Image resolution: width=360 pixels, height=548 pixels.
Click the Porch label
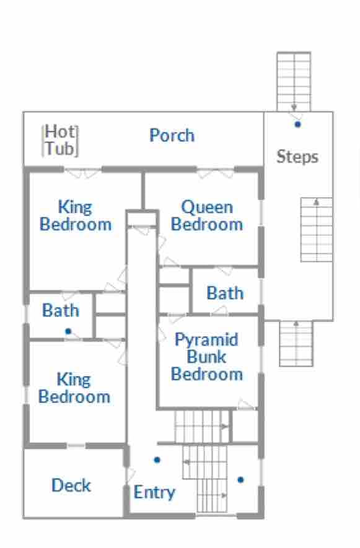pos(172,135)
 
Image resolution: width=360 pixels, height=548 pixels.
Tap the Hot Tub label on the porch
pos(60,140)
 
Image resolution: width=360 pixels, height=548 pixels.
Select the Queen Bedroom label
pos(207,215)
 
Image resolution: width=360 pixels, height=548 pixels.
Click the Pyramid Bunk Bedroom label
pos(207,357)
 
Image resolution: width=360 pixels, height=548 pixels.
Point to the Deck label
pos(71,485)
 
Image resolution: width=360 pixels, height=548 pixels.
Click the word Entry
pos(154,492)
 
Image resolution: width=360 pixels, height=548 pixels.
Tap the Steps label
pos(297,157)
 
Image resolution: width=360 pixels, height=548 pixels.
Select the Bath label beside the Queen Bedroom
pos(225,293)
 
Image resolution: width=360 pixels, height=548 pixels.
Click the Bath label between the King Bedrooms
pos(61,310)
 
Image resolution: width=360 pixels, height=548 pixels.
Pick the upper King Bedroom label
pos(76,215)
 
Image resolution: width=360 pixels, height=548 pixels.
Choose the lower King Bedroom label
pos(74,388)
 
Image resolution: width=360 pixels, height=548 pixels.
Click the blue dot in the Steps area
pos(297,124)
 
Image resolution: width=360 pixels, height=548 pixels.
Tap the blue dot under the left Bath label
pos(68,331)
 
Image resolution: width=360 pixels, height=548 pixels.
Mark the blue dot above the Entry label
pos(157,460)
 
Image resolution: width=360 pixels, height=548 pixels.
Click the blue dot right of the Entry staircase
pos(240,480)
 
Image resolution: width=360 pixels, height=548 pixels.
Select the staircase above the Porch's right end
pos(294,82)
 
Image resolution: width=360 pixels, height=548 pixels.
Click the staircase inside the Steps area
pos(317,230)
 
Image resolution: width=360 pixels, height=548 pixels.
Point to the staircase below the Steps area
pos(296,343)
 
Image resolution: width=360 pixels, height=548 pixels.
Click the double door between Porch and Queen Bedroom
pos(216,172)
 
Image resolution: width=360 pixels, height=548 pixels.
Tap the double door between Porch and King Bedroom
pos(83,172)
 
